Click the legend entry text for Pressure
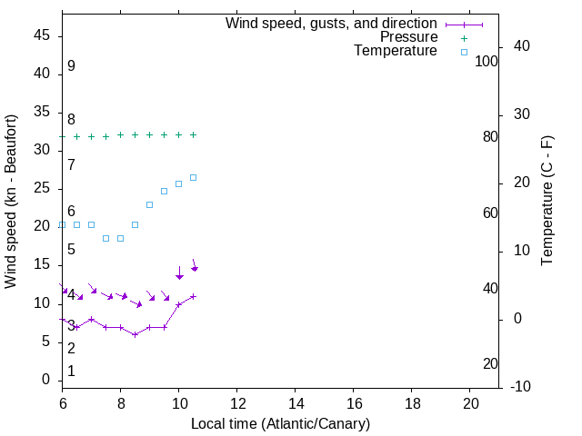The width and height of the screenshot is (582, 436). (408, 37)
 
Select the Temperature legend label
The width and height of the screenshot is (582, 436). (396, 51)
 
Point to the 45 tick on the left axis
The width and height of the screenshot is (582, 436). (41, 35)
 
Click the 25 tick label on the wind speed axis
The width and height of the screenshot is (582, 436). (41, 188)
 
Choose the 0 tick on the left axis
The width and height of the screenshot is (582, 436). (45, 380)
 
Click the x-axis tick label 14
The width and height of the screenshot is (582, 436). (296, 403)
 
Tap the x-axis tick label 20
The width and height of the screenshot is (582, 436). (470, 403)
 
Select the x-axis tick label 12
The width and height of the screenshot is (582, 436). (237, 403)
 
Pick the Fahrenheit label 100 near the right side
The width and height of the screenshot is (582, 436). (487, 62)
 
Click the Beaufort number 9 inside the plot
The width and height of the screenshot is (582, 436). (71, 66)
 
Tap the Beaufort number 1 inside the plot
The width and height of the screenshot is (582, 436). (71, 372)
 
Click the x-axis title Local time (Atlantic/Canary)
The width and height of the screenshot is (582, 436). (280, 423)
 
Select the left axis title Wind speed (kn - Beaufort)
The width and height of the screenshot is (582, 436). (11, 202)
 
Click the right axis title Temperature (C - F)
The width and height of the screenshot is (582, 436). (547, 202)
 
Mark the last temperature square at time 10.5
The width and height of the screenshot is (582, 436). (193, 177)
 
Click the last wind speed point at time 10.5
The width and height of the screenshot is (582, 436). (193, 296)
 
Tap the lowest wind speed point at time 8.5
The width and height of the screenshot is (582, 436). (135, 334)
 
